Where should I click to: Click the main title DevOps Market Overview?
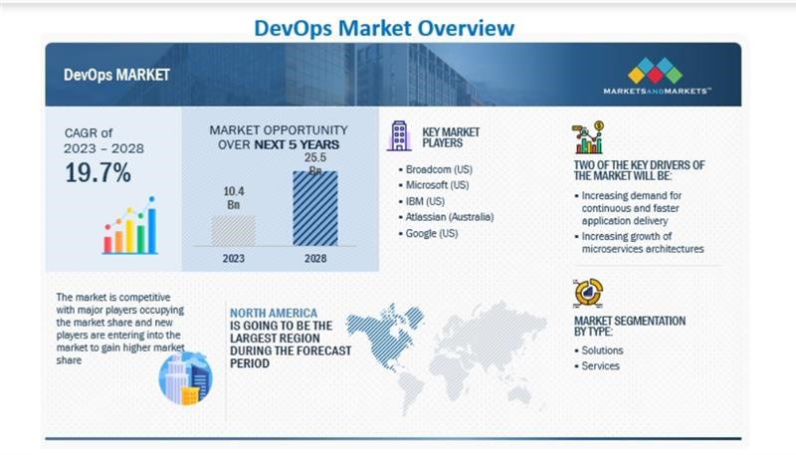(398, 27)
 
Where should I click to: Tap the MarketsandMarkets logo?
(656, 76)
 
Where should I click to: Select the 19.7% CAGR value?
(99, 172)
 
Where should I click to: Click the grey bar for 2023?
(234, 230)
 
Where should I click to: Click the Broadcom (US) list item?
(439, 169)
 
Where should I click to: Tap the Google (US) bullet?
(432, 233)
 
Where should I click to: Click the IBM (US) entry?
(427, 201)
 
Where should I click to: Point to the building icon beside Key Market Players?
(399, 135)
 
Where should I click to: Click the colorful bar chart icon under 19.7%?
(129, 228)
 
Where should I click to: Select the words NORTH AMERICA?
(274, 312)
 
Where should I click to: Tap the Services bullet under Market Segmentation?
(601, 365)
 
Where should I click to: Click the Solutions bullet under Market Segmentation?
(603, 350)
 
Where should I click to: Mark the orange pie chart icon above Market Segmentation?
(588, 293)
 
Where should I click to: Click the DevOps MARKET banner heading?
(116, 75)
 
